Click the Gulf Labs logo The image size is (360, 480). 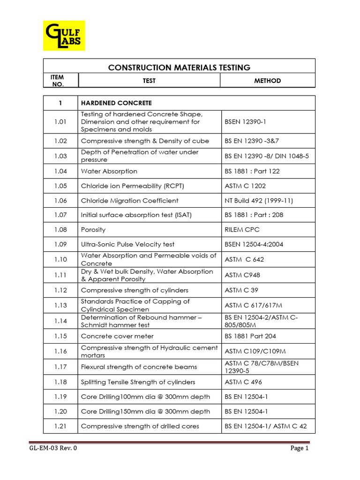point(64,35)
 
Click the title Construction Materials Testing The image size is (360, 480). point(179,67)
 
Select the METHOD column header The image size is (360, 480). point(267,81)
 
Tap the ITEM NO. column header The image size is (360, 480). point(60,81)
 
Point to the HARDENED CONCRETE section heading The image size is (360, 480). point(116,103)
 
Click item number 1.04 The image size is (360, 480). point(60,171)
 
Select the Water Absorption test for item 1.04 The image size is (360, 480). point(109,171)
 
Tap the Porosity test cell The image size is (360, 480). point(93,230)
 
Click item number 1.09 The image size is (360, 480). point(60,244)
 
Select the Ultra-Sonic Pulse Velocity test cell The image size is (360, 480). point(127,244)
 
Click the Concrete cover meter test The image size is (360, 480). point(117,336)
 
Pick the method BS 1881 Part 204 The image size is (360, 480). point(250,336)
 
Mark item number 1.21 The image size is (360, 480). point(60,426)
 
